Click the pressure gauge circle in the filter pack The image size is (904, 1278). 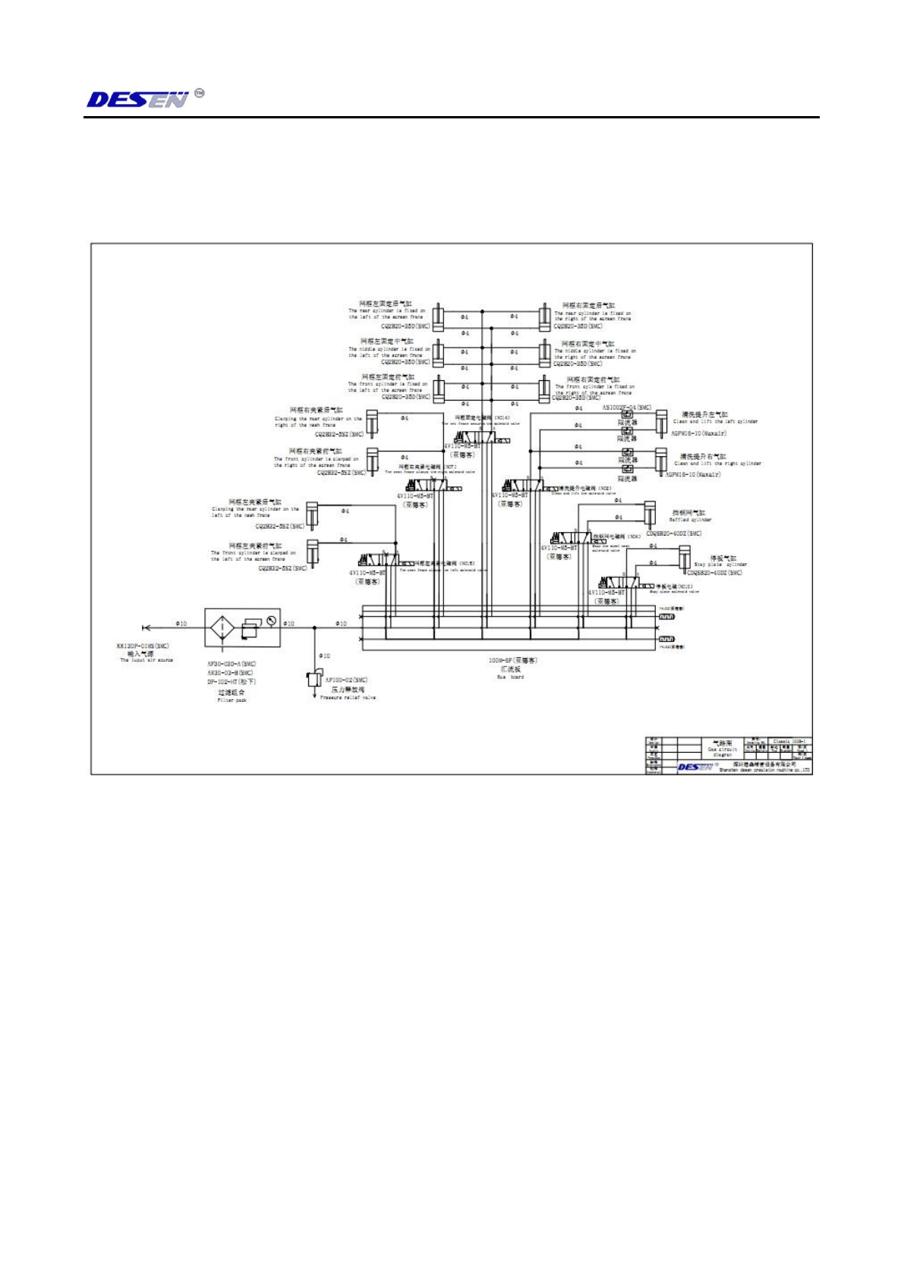click(x=271, y=620)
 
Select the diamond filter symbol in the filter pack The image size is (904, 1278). click(x=222, y=628)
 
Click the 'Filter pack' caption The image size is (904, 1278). click(x=232, y=700)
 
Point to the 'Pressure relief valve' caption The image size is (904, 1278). click(x=348, y=697)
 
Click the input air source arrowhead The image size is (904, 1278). click(x=146, y=628)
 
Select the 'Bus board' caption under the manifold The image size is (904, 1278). click(x=510, y=677)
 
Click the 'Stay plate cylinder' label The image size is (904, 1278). click(x=720, y=565)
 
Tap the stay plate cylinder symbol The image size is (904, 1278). click(x=684, y=556)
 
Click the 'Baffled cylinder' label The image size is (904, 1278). click(x=690, y=520)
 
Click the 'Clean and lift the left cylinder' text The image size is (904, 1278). click(x=715, y=422)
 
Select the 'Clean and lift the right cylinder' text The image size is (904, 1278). click(x=717, y=464)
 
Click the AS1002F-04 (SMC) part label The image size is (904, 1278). click(x=626, y=408)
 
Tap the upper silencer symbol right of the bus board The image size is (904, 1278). click(x=666, y=617)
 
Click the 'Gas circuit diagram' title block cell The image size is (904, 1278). click(x=723, y=749)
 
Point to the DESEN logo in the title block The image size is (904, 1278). click(x=695, y=767)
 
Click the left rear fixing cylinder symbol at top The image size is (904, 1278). click(x=438, y=316)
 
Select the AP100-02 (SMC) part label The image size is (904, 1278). click(x=346, y=680)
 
